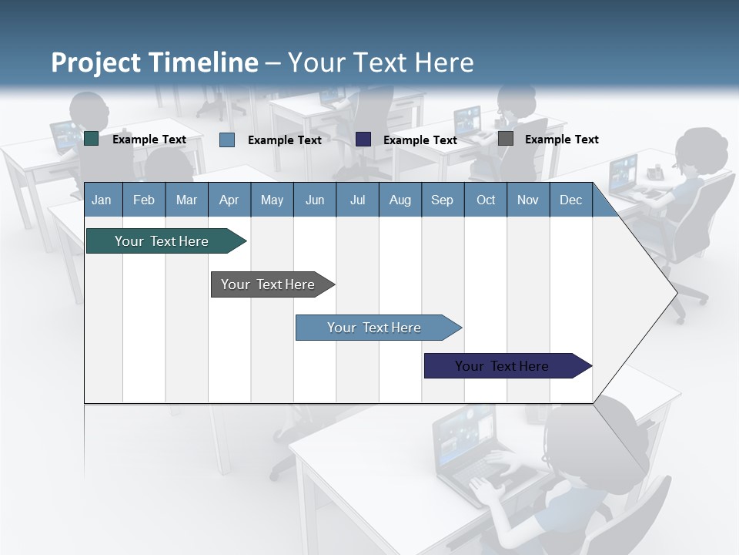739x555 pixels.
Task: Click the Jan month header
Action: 102,200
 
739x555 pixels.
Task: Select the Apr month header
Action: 229,200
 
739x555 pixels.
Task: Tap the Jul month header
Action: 357,200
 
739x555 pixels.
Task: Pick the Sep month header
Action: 442,200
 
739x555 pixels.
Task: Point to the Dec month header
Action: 570,200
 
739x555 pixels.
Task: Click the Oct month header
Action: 486,200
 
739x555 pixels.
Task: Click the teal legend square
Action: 92,139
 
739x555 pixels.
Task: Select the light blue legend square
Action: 226,140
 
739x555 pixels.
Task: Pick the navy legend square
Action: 363,139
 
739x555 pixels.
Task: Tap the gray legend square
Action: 506,139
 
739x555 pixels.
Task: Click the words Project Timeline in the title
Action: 154,62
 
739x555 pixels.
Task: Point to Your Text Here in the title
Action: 380,62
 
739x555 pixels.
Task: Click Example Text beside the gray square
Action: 561,140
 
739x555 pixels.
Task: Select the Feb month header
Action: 144,200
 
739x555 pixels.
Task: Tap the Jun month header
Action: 315,200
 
